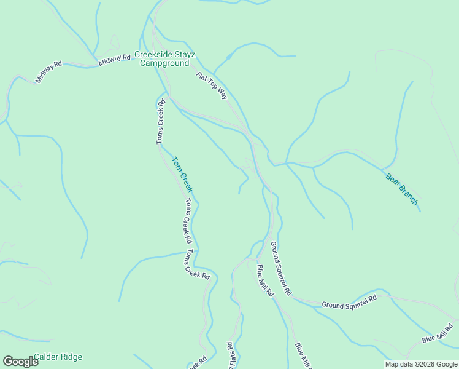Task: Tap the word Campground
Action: click(x=164, y=63)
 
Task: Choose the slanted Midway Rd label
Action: click(x=49, y=71)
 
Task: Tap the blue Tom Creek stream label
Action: click(x=182, y=174)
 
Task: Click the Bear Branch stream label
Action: click(x=401, y=189)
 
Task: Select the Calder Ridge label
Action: click(x=58, y=357)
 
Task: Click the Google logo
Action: click(x=20, y=362)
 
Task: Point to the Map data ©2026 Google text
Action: click(x=421, y=364)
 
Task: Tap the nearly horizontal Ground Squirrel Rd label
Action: click(x=349, y=301)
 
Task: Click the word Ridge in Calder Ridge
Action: click(x=71, y=357)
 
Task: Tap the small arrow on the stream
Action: click(x=228, y=58)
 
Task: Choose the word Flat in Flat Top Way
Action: click(x=201, y=77)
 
